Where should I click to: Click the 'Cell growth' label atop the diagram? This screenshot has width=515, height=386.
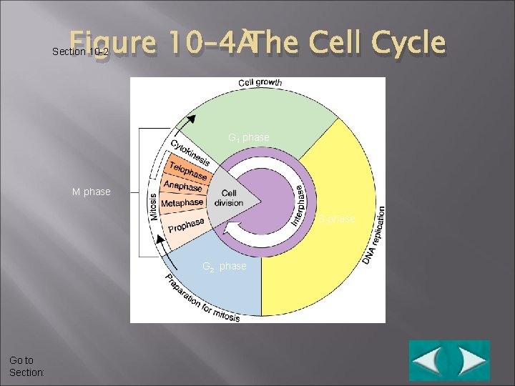tap(260, 83)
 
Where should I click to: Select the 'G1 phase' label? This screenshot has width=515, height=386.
tap(248, 137)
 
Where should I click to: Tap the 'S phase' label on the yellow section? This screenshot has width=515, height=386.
tap(337, 219)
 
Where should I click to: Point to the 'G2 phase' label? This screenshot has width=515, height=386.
tap(224, 267)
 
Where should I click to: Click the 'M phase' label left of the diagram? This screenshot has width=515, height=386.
tap(92, 192)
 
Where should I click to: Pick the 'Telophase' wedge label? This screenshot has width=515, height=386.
tap(188, 172)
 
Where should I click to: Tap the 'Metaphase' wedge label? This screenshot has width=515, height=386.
tap(182, 203)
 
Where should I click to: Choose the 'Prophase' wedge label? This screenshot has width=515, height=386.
tap(187, 225)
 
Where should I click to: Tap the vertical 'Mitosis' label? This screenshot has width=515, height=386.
tap(153, 207)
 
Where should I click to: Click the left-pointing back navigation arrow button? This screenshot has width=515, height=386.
tap(428, 360)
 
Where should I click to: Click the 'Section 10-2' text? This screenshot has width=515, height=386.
tap(80, 52)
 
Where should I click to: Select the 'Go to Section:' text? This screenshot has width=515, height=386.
tap(26, 367)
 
